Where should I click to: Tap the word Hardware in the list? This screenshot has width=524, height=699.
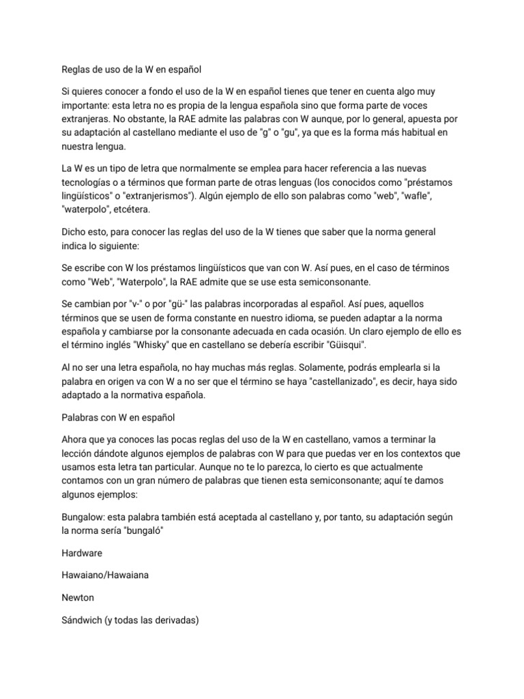coord(82,553)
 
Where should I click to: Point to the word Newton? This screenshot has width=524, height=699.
coord(77,597)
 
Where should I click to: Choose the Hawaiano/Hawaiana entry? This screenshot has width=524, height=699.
coord(105,575)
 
